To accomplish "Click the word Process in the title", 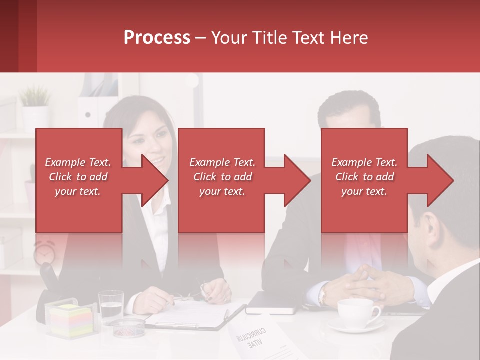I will pyautogui.click(x=157, y=38).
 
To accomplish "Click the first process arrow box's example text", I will pyautogui.click(x=78, y=177).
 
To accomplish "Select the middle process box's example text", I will pyautogui.click(x=222, y=177).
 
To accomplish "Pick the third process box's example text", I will pyautogui.click(x=364, y=177).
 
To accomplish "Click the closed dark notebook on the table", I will pyautogui.click(x=272, y=303).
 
